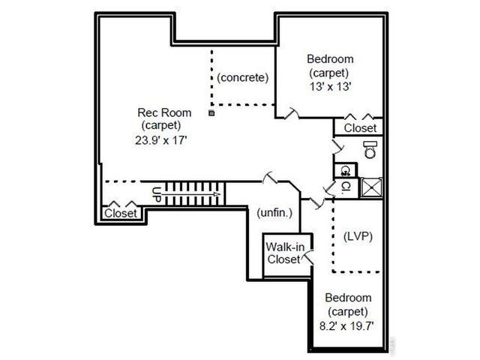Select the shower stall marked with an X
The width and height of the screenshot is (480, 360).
point(371,187)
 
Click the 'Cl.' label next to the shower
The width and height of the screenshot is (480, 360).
point(346,186)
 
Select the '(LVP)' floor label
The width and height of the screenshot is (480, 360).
point(358,235)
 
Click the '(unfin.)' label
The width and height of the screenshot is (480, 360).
point(274,212)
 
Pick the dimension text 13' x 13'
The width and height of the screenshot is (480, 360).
point(330,86)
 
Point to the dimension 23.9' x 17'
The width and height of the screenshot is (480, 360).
point(163,139)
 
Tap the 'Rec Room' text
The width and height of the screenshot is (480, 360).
point(163,112)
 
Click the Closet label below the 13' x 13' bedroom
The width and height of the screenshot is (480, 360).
point(360,128)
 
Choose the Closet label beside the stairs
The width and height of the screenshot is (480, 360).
point(120,214)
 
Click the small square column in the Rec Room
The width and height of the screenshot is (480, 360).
point(211,113)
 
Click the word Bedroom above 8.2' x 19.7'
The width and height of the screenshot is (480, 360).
point(348,298)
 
